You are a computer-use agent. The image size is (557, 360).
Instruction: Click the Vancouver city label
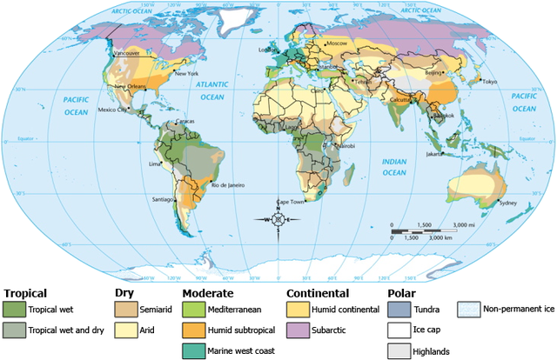click(x=127, y=54)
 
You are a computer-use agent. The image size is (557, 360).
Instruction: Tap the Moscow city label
click(x=336, y=43)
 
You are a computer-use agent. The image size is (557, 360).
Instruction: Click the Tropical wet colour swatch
click(x=15, y=308)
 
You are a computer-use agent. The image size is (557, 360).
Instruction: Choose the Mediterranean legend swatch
click(x=194, y=308)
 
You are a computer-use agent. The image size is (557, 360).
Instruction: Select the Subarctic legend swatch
click(x=298, y=330)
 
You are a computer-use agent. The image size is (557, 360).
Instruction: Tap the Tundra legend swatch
click(x=399, y=308)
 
